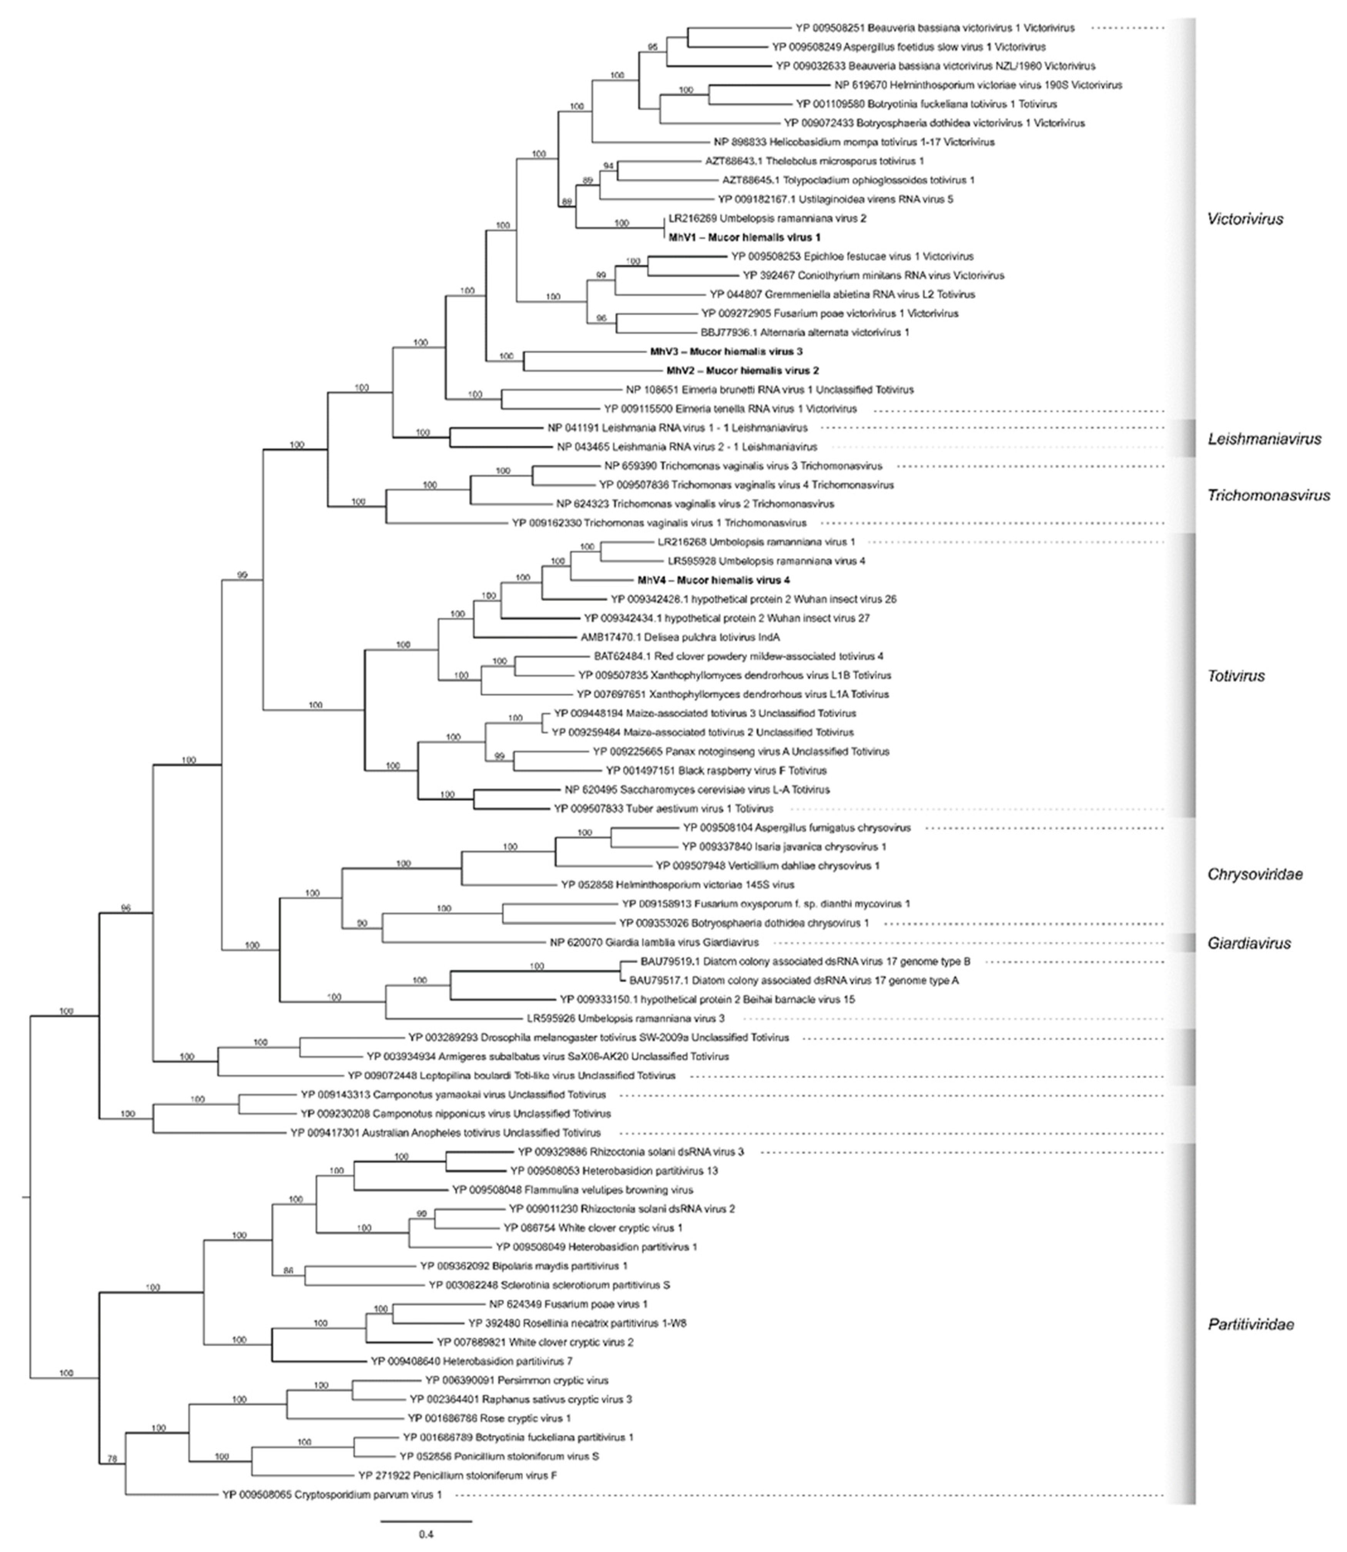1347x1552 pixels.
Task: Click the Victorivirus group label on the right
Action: pos(1245,220)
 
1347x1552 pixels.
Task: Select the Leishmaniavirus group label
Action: pos(1263,439)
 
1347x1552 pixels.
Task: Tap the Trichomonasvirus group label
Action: pos(1268,495)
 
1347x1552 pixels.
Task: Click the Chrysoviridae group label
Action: pos(1255,874)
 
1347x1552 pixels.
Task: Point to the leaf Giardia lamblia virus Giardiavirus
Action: pos(654,942)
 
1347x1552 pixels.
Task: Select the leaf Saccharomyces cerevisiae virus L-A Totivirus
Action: pos(697,790)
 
